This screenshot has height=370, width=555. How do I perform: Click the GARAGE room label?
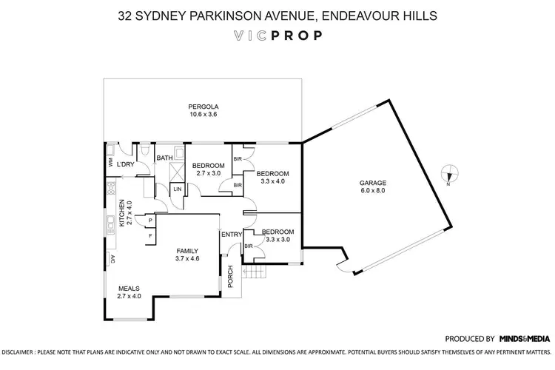pyautogui.click(x=373, y=182)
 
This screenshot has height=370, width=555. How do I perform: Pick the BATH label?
pyautogui.click(x=164, y=158)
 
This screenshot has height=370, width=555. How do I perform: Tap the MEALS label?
pyautogui.click(x=129, y=288)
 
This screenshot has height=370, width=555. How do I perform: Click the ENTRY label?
pyautogui.click(x=232, y=235)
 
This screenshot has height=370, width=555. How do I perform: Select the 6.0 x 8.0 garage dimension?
pyautogui.click(x=373, y=190)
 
